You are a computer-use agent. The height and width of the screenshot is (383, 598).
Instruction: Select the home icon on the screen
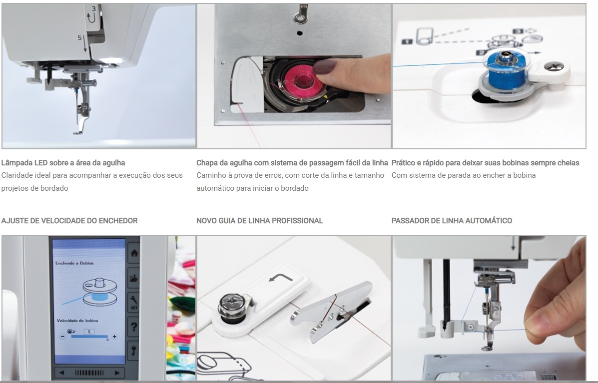(134, 253)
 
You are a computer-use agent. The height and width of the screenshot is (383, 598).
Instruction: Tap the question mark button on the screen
(134, 327)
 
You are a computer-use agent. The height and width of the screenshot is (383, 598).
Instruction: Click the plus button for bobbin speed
(114, 337)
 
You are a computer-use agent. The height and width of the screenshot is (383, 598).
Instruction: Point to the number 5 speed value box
(89, 332)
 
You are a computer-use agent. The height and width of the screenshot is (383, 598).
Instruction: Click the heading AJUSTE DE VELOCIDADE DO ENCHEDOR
(69, 221)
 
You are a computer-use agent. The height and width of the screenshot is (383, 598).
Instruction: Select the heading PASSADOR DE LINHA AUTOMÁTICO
(452, 221)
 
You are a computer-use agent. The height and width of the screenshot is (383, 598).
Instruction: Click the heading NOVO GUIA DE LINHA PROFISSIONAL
(259, 221)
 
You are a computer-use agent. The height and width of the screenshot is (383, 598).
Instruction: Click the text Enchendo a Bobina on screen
(74, 263)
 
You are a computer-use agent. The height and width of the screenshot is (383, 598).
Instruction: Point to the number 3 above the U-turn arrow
(93, 8)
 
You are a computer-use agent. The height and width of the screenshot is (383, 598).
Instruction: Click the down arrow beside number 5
(84, 44)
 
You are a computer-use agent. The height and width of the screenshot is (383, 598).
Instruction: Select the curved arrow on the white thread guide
(281, 277)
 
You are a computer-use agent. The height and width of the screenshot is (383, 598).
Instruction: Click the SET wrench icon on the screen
(134, 302)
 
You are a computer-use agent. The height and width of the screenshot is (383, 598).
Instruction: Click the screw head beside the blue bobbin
(551, 68)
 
